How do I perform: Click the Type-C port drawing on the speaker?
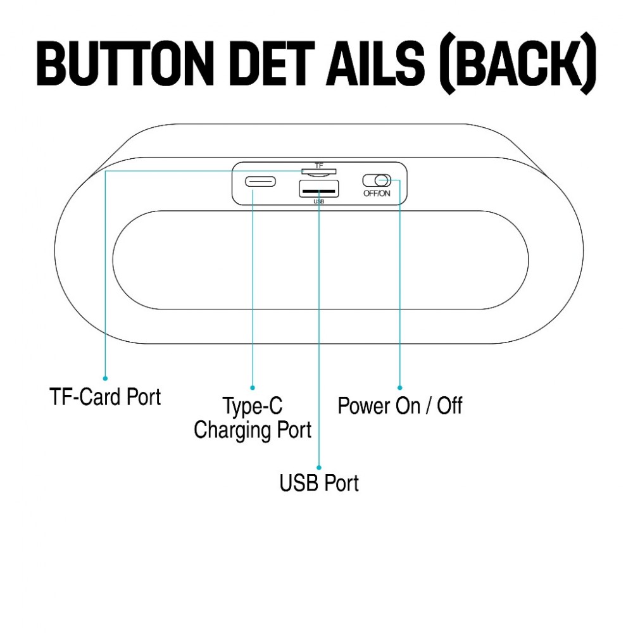point(261,182)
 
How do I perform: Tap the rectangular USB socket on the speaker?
point(318,189)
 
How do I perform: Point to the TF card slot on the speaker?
point(318,172)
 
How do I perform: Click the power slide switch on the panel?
point(377,180)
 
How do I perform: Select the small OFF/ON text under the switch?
point(377,194)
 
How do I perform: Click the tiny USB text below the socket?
point(318,202)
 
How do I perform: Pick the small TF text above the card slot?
point(318,165)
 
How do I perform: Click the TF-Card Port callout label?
point(105,397)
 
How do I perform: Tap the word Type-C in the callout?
point(253,406)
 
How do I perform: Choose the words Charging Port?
point(253,430)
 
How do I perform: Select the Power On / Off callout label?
point(399,406)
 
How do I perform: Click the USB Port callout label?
point(319,483)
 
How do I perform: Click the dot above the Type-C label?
point(253,387)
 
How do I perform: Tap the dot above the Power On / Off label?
point(399,387)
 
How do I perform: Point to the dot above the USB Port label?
point(319,465)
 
